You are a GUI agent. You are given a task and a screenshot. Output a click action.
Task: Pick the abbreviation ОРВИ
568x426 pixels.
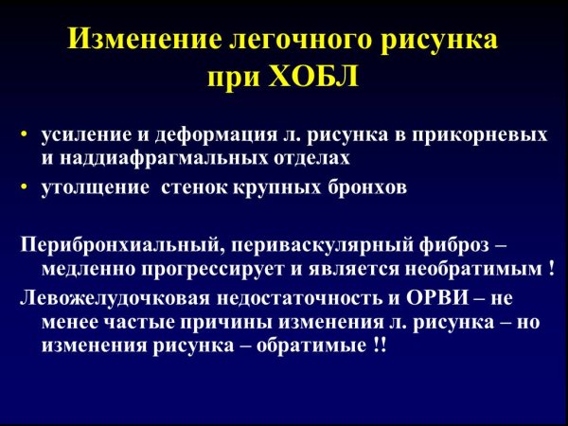click(x=443, y=298)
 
